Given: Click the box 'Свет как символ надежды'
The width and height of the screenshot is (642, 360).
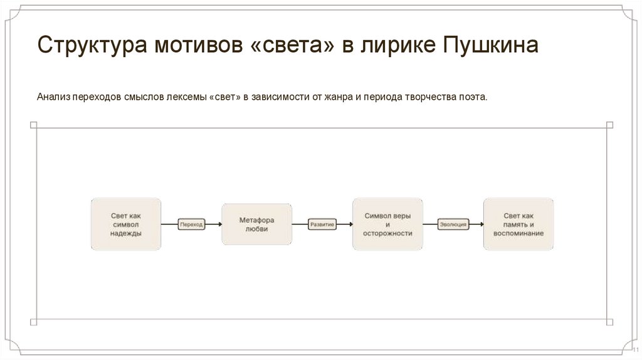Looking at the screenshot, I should (126, 224).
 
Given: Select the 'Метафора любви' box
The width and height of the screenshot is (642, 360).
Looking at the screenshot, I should (256, 224).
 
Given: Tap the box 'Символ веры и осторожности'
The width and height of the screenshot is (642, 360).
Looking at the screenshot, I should (387, 224).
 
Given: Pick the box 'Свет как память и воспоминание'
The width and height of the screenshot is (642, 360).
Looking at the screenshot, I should (518, 224).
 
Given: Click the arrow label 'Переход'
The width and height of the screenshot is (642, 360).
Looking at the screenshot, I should (191, 224).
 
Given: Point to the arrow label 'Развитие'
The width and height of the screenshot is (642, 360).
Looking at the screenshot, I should (322, 224).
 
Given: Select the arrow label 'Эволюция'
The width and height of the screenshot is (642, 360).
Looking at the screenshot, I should (453, 224).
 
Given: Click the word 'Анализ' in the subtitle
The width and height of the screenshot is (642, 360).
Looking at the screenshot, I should (52, 98).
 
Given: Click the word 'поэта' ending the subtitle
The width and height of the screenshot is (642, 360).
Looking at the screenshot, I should (473, 98).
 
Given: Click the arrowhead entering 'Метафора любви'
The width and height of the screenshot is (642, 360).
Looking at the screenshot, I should (219, 224).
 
